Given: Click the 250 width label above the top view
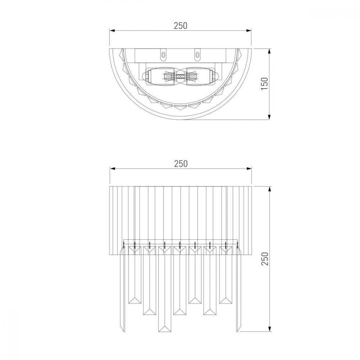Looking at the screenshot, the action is (180, 26).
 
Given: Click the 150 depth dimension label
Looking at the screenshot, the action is (265, 84).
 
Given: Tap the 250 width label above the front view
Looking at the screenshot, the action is (181, 164).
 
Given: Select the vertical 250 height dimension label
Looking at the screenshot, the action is (265, 259).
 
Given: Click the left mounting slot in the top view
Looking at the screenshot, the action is (163, 55).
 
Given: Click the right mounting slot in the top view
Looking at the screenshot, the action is (197, 55).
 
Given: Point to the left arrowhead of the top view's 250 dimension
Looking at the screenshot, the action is (112, 31).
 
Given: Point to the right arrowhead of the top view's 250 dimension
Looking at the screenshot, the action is (249, 31).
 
